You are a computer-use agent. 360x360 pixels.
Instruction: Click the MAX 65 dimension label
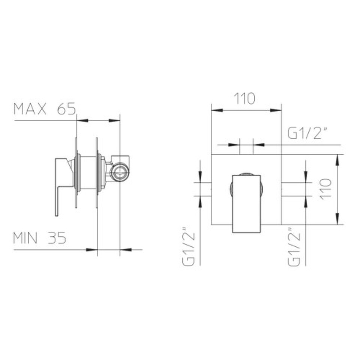(45, 109)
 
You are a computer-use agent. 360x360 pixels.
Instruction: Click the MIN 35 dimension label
(40, 238)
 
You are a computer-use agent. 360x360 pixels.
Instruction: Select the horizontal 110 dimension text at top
(244, 99)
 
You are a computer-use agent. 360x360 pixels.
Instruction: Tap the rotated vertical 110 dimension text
(325, 189)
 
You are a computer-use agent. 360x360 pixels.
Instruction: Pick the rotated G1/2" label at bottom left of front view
(189, 247)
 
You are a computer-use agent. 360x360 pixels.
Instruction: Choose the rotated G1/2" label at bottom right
(294, 247)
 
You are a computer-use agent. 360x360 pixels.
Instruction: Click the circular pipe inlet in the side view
(120, 172)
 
